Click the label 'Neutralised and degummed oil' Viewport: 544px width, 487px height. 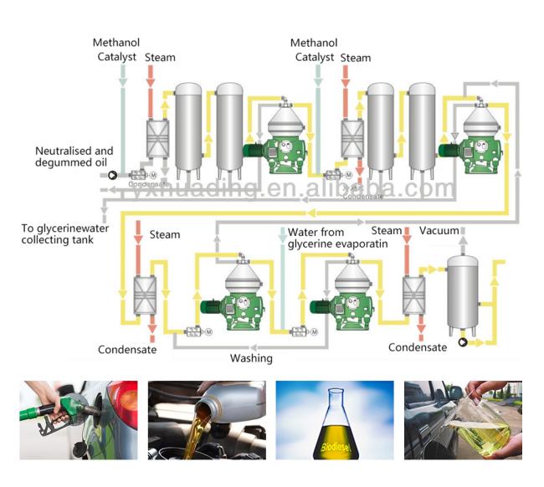click(x=74, y=156)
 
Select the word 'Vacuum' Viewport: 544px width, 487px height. click(x=439, y=230)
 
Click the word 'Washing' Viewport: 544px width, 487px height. click(x=251, y=358)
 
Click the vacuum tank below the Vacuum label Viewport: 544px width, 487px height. click(x=461, y=294)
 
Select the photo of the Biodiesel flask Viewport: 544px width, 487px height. click(x=335, y=420)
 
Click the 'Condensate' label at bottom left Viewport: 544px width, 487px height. click(x=127, y=350)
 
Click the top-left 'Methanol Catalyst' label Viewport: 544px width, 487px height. click(x=116, y=50)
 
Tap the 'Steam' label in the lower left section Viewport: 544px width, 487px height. click(x=165, y=234)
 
